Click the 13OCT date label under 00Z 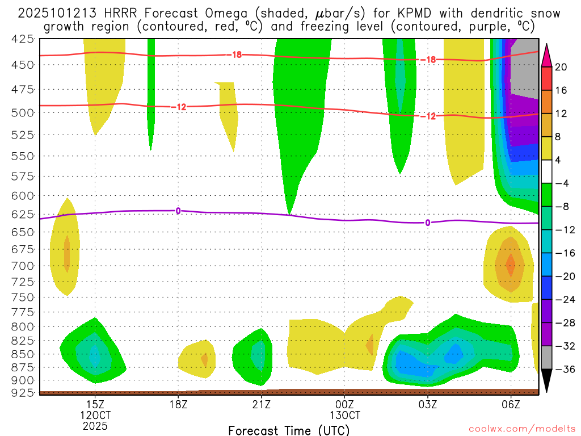(x=344, y=415)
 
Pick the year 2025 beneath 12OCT (x=95, y=426)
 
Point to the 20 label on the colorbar (x=561, y=67)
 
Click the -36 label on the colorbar (x=563, y=369)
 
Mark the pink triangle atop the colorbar (x=547, y=54)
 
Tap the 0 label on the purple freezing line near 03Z (x=427, y=223)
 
